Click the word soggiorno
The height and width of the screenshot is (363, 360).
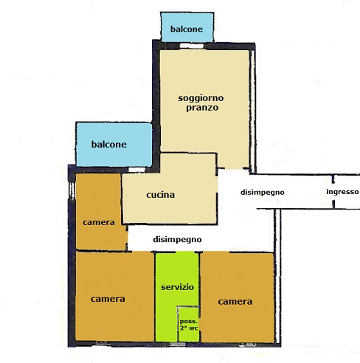click(201, 99)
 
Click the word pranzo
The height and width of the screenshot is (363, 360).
click(202, 108)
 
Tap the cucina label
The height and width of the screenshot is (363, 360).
click(161, 195)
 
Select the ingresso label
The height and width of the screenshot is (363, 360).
click(342, 192)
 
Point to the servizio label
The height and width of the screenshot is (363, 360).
click(177, 287)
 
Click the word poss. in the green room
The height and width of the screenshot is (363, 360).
click(189, 322)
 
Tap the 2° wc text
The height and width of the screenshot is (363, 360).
click(189, 328)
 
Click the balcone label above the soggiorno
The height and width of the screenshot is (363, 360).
click(187, 29)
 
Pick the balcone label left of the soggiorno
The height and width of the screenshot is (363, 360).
click(109, 145)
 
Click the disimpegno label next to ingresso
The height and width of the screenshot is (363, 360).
click(263, 193)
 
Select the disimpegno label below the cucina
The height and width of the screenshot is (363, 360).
click(177, 240)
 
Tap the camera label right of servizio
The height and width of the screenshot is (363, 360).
click(235, 302)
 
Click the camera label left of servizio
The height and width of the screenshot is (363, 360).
click(108, 299)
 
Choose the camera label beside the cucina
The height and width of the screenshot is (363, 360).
click(99, 222)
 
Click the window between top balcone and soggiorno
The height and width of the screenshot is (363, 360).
click(192, 46)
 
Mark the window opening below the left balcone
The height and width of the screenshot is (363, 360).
click(136, 170)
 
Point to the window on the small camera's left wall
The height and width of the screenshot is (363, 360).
click(72, 191)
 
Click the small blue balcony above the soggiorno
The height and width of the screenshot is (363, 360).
click(187, 27)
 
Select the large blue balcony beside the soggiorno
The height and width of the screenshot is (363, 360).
click(114, 145)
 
